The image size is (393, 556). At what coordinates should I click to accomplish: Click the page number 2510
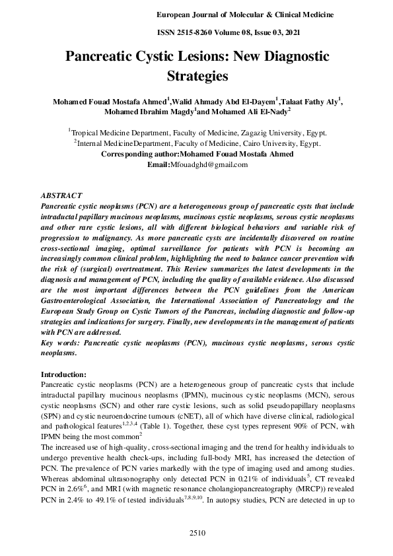point(197,532)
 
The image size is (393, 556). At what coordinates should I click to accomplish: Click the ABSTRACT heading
point(61,196)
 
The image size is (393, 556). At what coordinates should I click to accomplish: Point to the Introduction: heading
point(67,374)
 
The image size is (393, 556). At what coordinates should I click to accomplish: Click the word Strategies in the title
point(196,76)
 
